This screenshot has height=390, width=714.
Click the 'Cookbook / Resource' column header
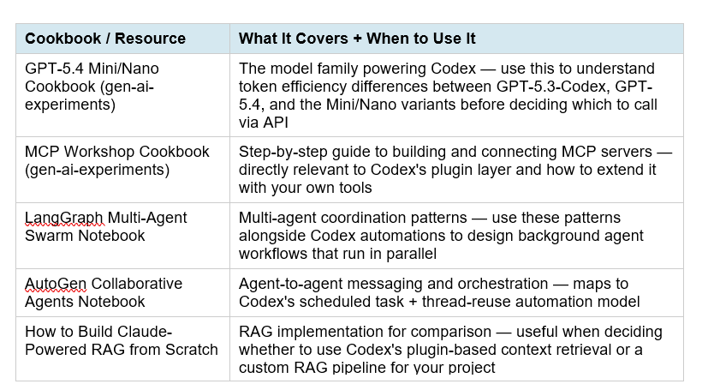tap(105, 39)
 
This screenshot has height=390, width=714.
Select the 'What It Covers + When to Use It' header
tap(357, 39)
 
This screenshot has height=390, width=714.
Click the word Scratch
tap(193, 349)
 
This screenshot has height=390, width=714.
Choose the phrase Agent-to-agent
tap(289, 284)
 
